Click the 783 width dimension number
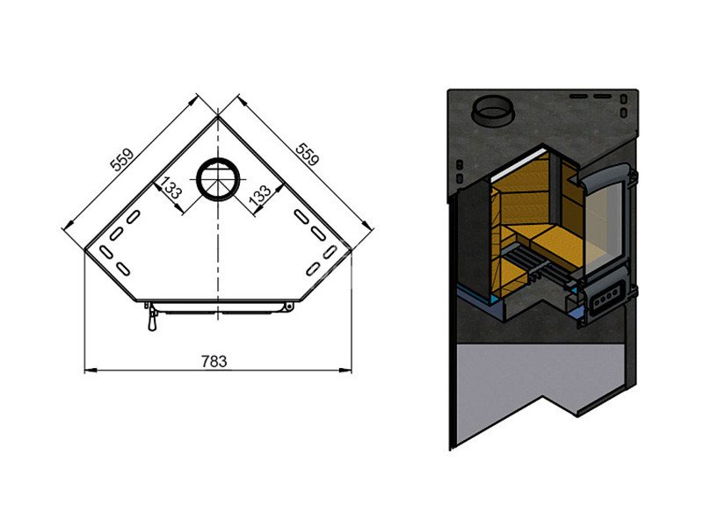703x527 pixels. [214, 361]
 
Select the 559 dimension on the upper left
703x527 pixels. [122, 160]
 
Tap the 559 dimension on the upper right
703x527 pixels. [308, 155]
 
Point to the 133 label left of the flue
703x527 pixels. [170, 188]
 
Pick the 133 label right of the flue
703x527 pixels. [260, 196]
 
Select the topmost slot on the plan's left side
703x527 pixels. [134, 217]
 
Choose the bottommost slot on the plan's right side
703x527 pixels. [313, 269]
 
